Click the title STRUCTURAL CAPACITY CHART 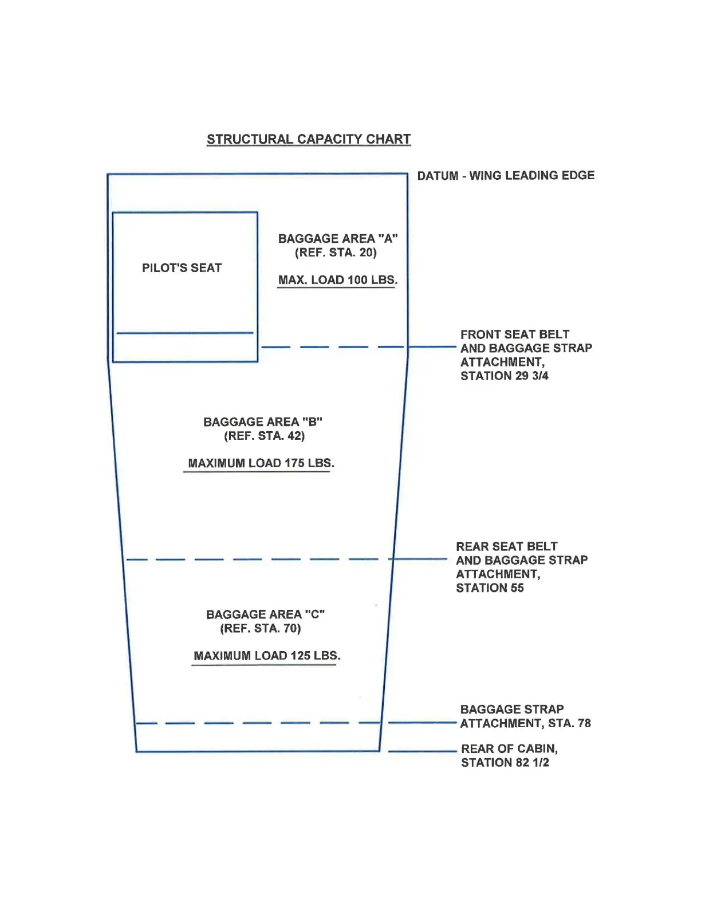[x=309, y=139]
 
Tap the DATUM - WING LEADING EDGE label [x=506, y=176]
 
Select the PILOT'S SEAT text [x=182, y=268]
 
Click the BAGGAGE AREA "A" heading [x=338, y=239]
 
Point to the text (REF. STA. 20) [x=336, y=253]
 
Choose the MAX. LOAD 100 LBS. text [x=337, y=280]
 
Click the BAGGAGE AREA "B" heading [x=263, y=422]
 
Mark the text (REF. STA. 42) [x=264, y=436]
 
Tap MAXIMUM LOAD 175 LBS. [x=261, y=463]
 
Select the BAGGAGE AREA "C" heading [x=265, y=614]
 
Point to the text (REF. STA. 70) [x=261, y=628]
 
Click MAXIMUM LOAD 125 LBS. [x=267, y=656]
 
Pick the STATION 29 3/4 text [x=504, y=376]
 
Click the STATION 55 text [x=490, y=588]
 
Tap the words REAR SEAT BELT [x=506, y=547]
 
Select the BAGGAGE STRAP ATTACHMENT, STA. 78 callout [x=525, y=716]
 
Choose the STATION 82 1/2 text [x=505, y=763]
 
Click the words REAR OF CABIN [x=509, y=749]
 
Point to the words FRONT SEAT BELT [x=514, y=334]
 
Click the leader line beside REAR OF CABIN [x=422, y=751]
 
